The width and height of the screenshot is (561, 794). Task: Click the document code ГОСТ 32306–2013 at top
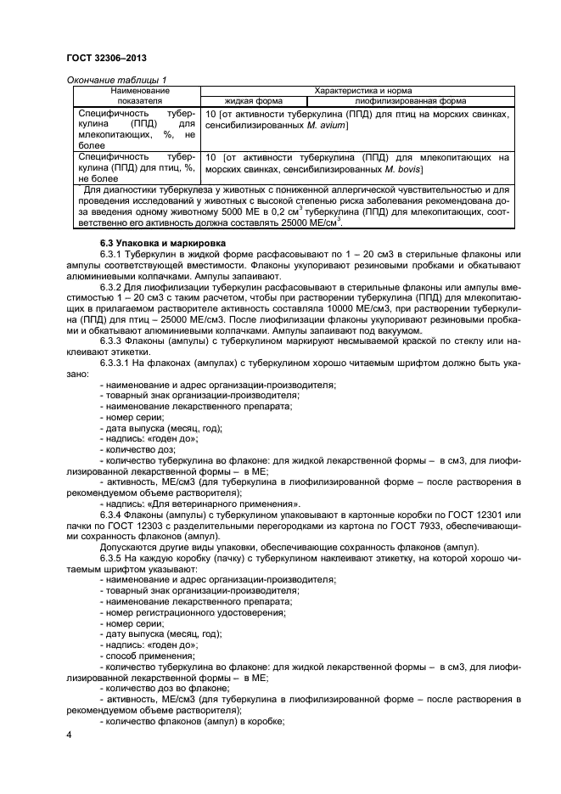101,56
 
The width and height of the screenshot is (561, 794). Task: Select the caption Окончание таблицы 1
111,79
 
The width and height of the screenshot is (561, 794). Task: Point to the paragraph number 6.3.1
115,256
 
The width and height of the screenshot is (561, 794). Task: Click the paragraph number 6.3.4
115,516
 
